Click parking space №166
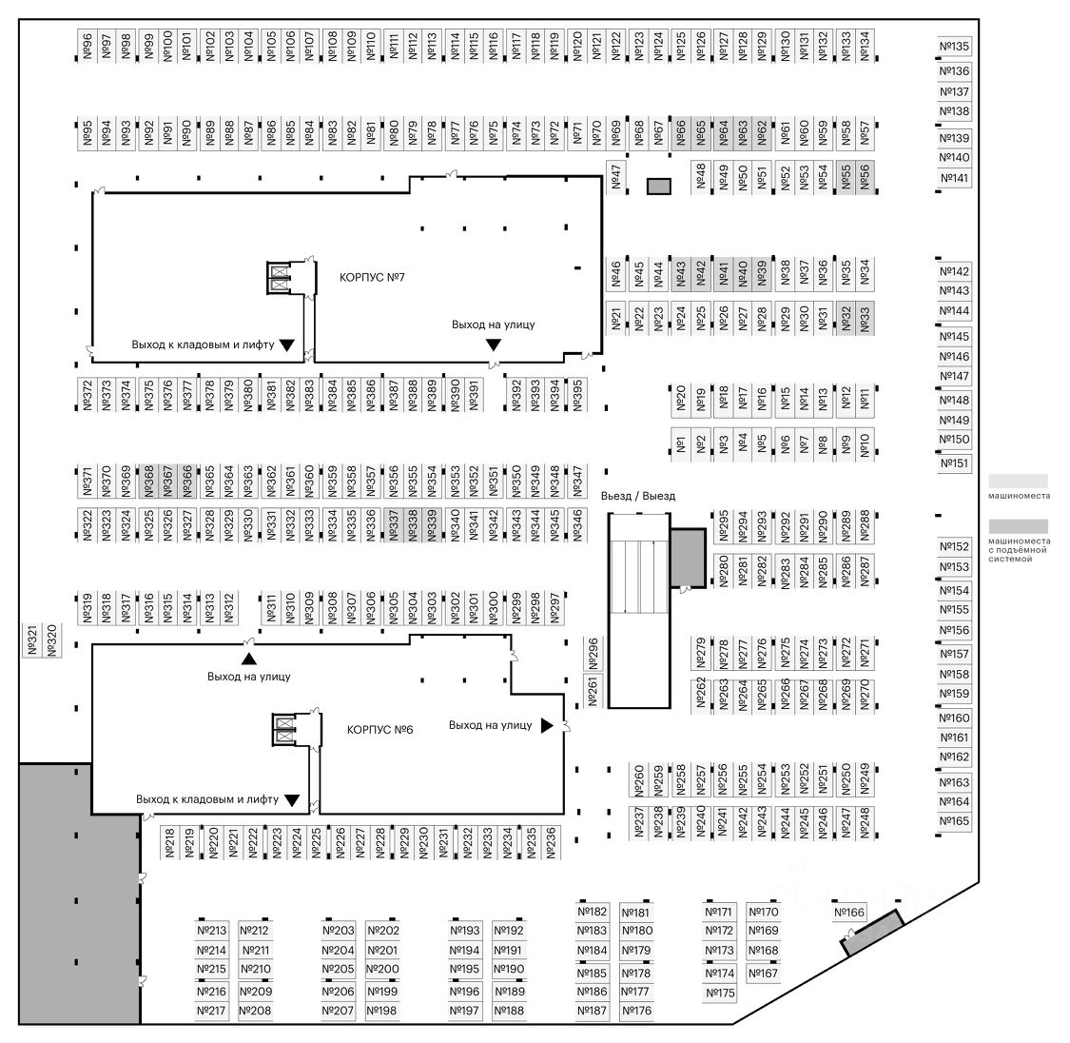849,913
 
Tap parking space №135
954,47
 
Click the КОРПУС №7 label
373,278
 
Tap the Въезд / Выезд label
638,496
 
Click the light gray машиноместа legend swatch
1018,482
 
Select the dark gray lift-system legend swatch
1018,526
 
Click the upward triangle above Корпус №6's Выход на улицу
248,658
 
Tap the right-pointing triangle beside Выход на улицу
547,725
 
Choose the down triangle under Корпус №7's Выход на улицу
493,343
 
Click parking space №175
721,994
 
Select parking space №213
212,931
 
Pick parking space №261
592,691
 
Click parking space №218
169,842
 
